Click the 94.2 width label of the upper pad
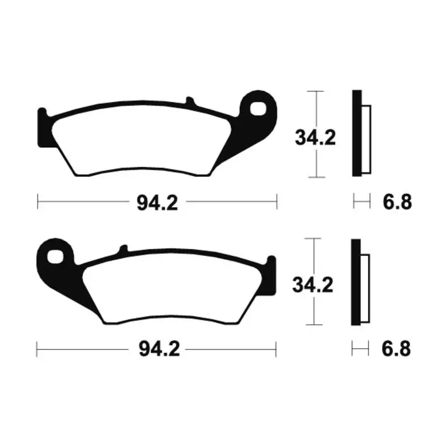[157, 203]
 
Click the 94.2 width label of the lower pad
[159, 349]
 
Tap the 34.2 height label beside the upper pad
[315, 137]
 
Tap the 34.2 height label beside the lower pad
[312, 285]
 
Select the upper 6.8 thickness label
[397, 202]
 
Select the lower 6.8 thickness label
[396, 348]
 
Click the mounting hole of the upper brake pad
[258, 109]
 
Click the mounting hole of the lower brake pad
[55, 256]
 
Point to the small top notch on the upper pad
[190, 101]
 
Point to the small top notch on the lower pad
[124, 249]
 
